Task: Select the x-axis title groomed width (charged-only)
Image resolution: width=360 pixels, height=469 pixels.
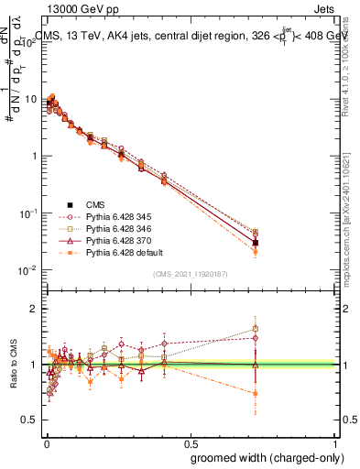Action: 263,457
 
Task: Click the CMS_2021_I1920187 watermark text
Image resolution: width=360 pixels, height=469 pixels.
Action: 191,274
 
